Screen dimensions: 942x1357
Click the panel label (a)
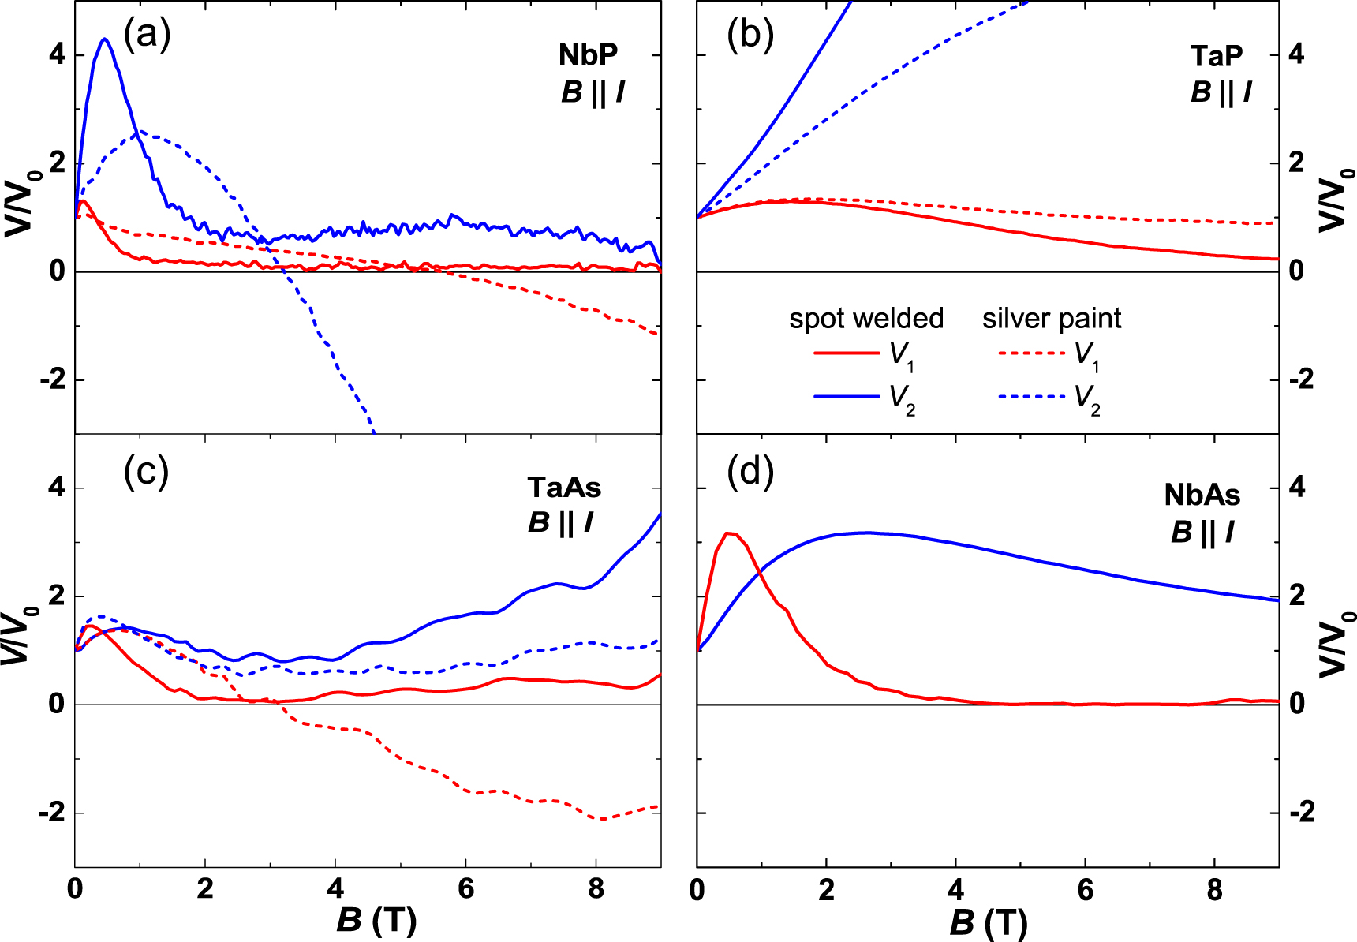click(x=147, y=36)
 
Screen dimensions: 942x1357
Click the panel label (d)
click(x=750, y=472)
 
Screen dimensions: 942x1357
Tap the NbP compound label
click(x=589, y=55)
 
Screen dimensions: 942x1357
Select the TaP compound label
click(x=1217, y=56)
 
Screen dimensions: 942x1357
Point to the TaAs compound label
click(x=564, y=488)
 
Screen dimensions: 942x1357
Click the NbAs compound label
click(x=1202, y=495)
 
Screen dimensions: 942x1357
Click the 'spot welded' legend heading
click(x=866, y=319)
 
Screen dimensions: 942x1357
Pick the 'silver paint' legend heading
click(x=1051, y=319)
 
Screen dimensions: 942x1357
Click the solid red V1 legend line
click(x=847, y=353)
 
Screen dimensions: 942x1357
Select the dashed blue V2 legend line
click(x=1032, y=396)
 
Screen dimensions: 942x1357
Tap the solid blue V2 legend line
click(x=847, y=396)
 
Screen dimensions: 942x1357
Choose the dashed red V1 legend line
click(x=1032, y=353)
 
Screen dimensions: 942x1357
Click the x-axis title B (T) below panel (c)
click(x=376, y=921)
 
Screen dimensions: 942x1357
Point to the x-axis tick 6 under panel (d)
click(x=1086, y=891)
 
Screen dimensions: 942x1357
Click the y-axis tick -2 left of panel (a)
click(x=52, y=380)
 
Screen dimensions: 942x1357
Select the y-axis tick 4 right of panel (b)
click(x=1296, y=55)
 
